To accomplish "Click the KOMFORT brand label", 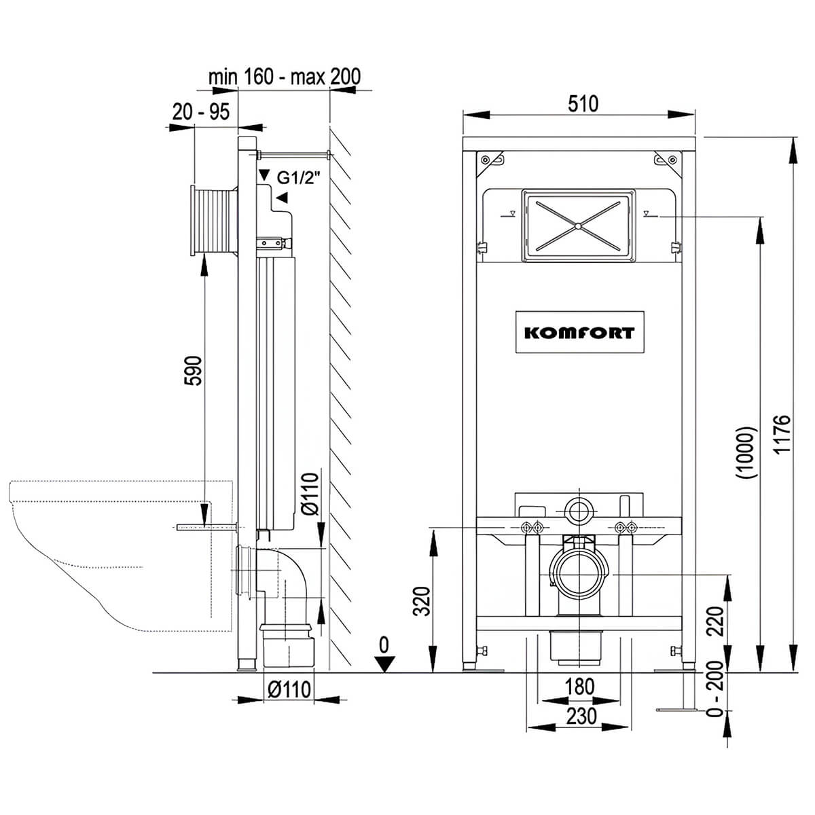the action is [x=579, y=333].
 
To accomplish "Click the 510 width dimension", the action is [x=583, y=104].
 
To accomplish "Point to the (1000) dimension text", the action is [x=745, y=452].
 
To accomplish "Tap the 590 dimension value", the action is [x=194, y=371].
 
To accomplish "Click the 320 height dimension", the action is [x=421, y=601].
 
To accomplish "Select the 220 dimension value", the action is [x=716, y=621].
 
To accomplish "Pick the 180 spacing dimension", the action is [x=579, y=686].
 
